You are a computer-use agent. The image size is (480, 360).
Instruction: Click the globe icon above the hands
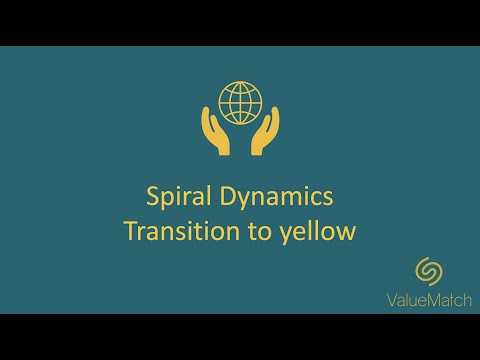(x=240, y=101)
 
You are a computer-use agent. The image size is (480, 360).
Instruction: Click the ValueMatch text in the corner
(x=431, y=297)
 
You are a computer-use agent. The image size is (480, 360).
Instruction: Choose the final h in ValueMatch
(x=469, y=297)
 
